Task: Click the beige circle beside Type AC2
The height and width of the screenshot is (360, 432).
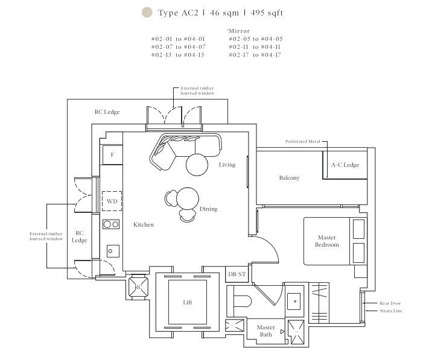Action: click(x=147, y=13)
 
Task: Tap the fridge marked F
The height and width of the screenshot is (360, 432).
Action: click(x=112, y=155)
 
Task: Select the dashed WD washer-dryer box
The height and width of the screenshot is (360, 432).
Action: click(x=112, y=201)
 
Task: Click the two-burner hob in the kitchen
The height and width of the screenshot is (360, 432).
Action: click(x=111, y=224)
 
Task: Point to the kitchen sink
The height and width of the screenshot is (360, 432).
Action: click(x=113, y=251)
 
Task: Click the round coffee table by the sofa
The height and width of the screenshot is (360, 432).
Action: click(x=197, y=165)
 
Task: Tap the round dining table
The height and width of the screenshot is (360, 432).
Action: click(x=188, y=198)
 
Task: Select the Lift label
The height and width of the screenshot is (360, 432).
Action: click(x=188, y=303)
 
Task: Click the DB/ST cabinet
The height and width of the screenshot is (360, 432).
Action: click(x=237, y=274)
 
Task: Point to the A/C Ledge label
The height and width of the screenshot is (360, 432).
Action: click(x=345, y=165)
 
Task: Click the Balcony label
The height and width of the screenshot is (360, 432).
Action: click(x=289, y=178)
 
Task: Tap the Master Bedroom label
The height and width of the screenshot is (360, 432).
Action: click(x=327, y=241)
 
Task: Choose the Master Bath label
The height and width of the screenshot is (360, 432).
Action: click(x=266, y=331)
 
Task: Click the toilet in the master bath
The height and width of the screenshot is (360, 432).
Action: click(x=243, y=301)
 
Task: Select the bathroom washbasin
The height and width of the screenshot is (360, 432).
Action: click(x=294, y=302)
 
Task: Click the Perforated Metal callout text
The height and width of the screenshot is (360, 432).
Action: click(x=303, y=141)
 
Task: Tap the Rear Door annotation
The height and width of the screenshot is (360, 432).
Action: click(x=390, y=303)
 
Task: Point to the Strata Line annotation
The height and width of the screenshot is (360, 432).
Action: click(x=391, y=311)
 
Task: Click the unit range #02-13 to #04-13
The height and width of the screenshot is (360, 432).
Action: click(x=178, y=55)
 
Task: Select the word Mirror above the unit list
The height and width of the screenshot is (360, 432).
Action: click(x=239, y=31)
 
